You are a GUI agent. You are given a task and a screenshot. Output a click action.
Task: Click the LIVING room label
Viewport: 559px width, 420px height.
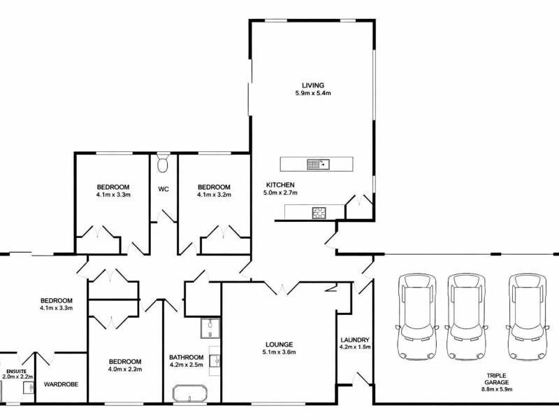pyautogui.click(x=312, y=85)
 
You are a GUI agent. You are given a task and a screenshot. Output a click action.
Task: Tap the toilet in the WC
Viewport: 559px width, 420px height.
pyautogui.click(x=163, y=164)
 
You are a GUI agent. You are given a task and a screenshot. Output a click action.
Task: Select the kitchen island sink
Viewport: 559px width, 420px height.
pyautogui.click(x=319, y=164)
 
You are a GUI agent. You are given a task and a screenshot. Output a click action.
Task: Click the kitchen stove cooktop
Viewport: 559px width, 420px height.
pyautogui.click(x=319, y=213)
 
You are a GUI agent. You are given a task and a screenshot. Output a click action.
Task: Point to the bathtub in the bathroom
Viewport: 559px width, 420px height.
pyautogui.click(x=190, y=393)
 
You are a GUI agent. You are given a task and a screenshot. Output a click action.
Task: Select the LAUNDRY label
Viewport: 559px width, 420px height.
pyautogui.click(x=355, y=340)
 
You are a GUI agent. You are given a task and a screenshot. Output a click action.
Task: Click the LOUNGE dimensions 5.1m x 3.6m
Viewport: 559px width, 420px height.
pyautogui.click(x=279, y=352)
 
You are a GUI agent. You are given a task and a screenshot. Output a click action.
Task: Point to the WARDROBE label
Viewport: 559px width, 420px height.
pyautogui.click(x=61, y=384)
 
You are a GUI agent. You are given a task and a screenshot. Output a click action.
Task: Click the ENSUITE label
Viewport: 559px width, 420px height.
pyautogui.click(x=15, y=372)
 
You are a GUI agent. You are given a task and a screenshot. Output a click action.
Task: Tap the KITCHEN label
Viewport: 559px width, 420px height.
pyautogui.click(x=280, y=185)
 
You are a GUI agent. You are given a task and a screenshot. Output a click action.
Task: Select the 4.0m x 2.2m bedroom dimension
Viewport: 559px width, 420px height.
pyautogui.click(x=125, y=370)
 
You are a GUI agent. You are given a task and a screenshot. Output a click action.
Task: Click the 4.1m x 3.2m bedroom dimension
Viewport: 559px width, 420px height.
pyautogui.click(x=214, y=195)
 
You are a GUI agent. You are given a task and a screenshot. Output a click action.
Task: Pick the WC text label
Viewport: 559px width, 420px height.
pyautogui.click(x=164, y=189)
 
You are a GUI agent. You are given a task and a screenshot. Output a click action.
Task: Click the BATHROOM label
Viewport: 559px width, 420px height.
pyautogui.click(x=187, y=357)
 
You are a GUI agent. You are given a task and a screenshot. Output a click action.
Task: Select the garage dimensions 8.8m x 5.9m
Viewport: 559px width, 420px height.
pyautogui.click(x=497, y=389)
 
